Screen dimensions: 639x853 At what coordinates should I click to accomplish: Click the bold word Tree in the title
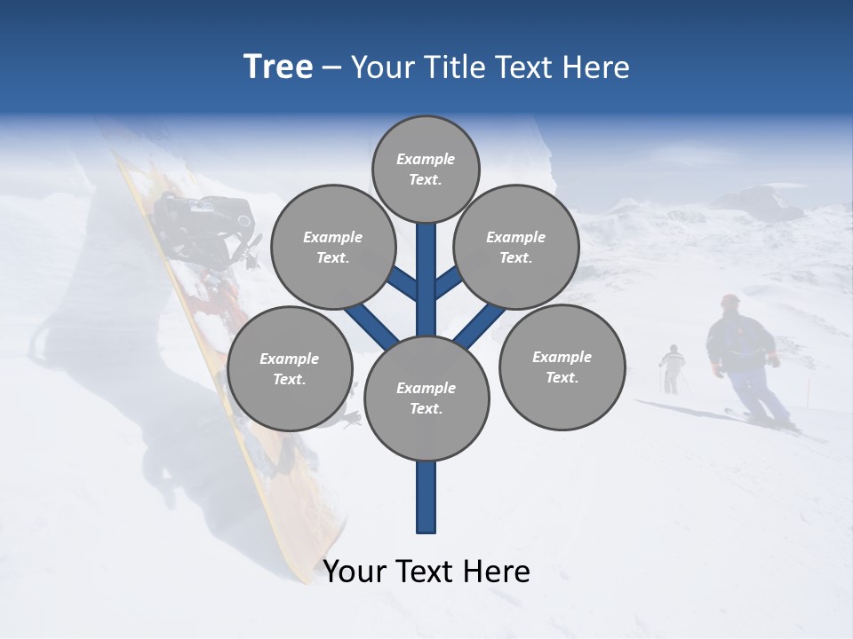pos(278,67)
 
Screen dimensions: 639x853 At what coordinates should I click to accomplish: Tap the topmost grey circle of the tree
pos(426,169)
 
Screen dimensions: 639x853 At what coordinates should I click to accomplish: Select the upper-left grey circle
pos(333,248)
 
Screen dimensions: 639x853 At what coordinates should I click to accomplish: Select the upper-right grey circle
pos(516,248)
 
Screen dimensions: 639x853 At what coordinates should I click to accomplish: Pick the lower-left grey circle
pos(290,369)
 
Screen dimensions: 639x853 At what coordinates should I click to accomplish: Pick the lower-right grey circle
pos(562,367)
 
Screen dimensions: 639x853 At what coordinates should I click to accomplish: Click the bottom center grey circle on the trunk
pos(426,398)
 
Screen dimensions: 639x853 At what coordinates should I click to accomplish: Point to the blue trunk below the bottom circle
pos(426,497)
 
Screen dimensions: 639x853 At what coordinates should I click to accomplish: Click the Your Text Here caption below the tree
pos(426,571)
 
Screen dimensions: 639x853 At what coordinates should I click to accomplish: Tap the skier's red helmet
pos(730,301)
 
